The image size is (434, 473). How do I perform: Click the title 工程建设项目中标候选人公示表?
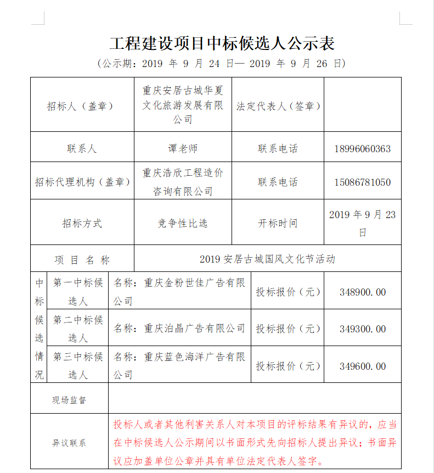click(222, 43)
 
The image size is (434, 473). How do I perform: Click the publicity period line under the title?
click(222, 64)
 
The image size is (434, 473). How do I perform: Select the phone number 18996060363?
click(362, 149)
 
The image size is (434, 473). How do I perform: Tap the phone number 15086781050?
click(362, 182)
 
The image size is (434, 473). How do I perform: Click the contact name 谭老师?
click(183, 149)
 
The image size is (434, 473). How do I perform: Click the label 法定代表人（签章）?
click(278, 106)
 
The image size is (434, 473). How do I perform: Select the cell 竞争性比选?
click(183, 224)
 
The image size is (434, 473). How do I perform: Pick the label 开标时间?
click(278, 224)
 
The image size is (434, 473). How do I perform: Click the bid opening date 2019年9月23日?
click(362, 224)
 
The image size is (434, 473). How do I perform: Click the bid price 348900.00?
click(362, 292)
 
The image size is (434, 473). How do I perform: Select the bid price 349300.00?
click(362, 329)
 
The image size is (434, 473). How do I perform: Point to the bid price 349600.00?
click(362, 366)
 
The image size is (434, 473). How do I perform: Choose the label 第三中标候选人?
click(78, 366)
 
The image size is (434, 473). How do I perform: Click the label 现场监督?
click(69, 400)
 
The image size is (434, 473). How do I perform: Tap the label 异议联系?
click(69, 443)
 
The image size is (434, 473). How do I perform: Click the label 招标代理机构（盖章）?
click(82, 182)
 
